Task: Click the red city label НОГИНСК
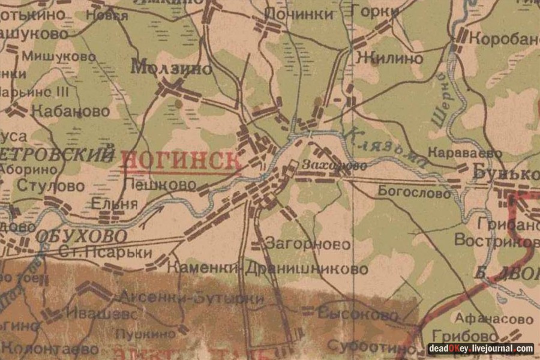coord(181,160)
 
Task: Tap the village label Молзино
coord(172,68)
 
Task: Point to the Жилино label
coord(389,58)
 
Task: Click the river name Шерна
coord(442,102)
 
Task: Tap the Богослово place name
coord(414,193)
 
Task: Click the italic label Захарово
coord(326,165)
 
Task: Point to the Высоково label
coord(358,315)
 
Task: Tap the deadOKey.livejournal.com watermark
coord(480,348)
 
